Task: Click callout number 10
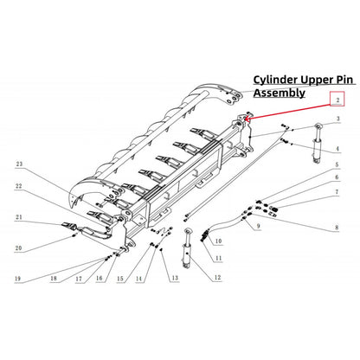[218, 241]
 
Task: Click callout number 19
[17, 280]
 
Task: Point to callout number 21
[19, 217]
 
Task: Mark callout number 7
[337, 190]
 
